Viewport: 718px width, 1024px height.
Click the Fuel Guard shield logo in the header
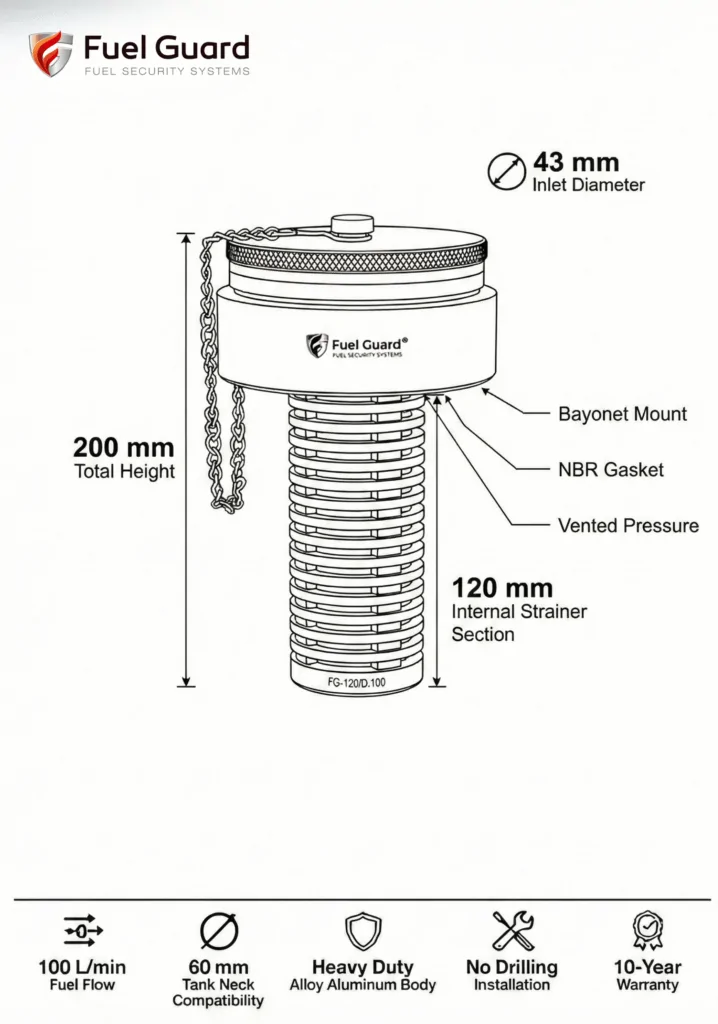click(x=50, y=54)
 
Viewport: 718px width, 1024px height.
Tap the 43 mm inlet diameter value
click(x=576, y=162)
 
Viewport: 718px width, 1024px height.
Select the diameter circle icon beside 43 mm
click(x=506, y=172)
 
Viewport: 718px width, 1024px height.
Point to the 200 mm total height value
click(x=123, y=447)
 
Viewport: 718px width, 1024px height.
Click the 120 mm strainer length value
click(x=502, y=588)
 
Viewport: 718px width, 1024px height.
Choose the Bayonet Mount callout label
click(x=622, y=414)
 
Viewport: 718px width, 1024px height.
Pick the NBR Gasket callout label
click(x=610, y=470)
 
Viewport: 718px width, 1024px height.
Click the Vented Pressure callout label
click(x=628, y=526)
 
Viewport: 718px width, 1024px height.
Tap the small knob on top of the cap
click(x=352, y=224)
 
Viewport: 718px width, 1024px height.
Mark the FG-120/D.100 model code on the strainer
click(x=356, y=682)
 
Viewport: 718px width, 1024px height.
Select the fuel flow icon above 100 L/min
click(x=82, y=930)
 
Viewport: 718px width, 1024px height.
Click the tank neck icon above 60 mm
click(x=219, y=931)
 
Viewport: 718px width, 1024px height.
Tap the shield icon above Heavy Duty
click(x=363, y=931)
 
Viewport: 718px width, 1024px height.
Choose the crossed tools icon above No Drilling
click(x=513, y=931)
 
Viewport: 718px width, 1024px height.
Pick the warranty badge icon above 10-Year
click(x=647, y=931)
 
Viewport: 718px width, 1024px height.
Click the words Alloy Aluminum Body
click(x=363, y=985)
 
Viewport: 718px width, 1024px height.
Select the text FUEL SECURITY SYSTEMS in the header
click(x=167, y=71)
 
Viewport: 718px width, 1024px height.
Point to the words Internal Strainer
click(x=519, y=611)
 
